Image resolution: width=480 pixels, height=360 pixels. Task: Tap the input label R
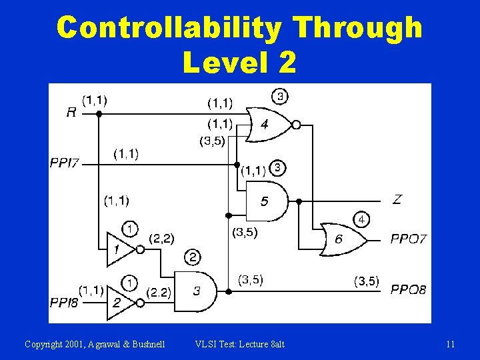[x=71, y=113]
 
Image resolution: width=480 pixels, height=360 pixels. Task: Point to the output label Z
[x=397, y=199]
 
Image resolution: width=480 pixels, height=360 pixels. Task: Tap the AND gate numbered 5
[x=266, y=200]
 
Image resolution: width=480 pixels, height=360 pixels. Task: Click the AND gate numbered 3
[x=195, y=291]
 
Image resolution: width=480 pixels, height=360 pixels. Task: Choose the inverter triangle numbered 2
[x=119, y=302]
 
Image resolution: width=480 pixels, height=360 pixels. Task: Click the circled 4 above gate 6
[x=361, y=219]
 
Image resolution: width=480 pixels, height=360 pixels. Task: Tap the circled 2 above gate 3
[x=193, y=257]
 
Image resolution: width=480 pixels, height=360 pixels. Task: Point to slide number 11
[x=451, y=344]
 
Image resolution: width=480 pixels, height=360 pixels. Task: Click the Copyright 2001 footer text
[x=95, y=344]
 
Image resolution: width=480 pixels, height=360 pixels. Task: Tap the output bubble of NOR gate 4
[x=297, y=124]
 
